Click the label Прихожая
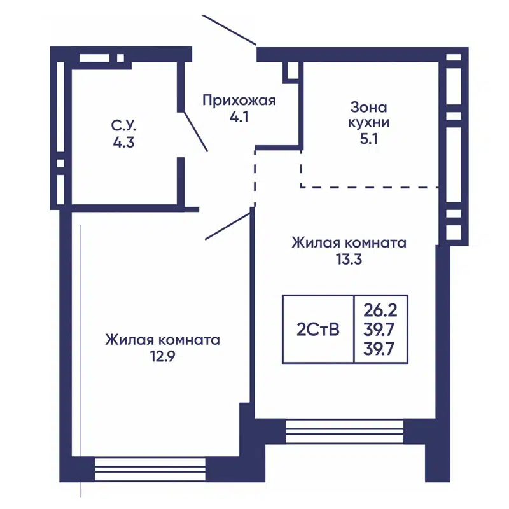coord(239,100)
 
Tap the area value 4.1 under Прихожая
coord(239,117)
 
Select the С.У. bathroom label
coord(123,125)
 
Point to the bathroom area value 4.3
coord(123,142)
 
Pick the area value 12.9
coord(163,356)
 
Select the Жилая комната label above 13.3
coord(349,242)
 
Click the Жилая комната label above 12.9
coord(163,340)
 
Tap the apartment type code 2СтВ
coord(317,330)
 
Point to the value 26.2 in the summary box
coord(380,312)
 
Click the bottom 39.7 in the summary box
coord(380,349)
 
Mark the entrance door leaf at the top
coord(230,29)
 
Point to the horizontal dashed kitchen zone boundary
coord(369,187)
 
